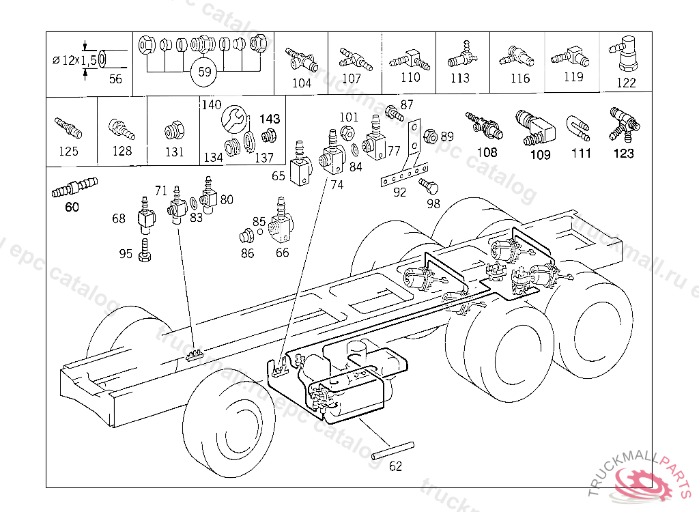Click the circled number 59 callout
(201, 71)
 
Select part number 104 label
(301, 83)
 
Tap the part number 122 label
(625, 83)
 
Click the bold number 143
(270, 119)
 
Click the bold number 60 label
(72, 208)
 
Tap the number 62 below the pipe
(396, 467)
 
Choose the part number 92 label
(399, 193)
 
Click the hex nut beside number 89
(430, 136)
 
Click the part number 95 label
(126, 254)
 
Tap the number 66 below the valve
(282, 253)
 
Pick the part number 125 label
(68, 152)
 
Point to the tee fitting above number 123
(624, 121)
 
